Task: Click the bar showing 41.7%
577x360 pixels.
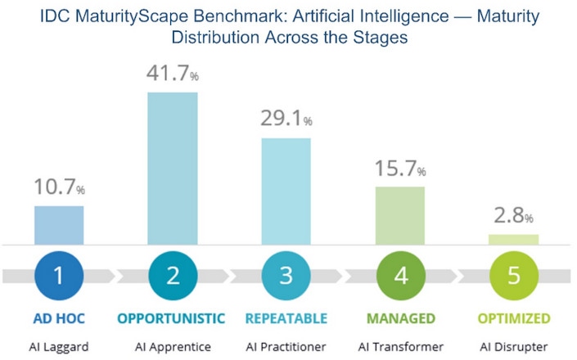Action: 172,168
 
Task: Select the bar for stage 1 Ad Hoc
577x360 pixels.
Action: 59,225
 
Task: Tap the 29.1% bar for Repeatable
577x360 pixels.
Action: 286,191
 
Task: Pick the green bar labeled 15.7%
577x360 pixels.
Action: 399,215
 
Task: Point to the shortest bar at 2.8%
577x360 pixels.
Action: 513,239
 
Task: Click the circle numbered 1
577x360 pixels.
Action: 59,275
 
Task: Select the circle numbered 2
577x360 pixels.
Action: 172,275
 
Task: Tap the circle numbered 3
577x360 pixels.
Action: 286,275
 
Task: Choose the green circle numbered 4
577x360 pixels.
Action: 399,275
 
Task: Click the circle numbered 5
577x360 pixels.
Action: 513,275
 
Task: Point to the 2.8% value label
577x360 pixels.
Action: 513,217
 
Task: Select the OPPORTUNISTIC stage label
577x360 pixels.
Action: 173,317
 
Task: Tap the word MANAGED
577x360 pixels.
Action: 399,317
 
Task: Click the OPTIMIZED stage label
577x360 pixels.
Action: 513,317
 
